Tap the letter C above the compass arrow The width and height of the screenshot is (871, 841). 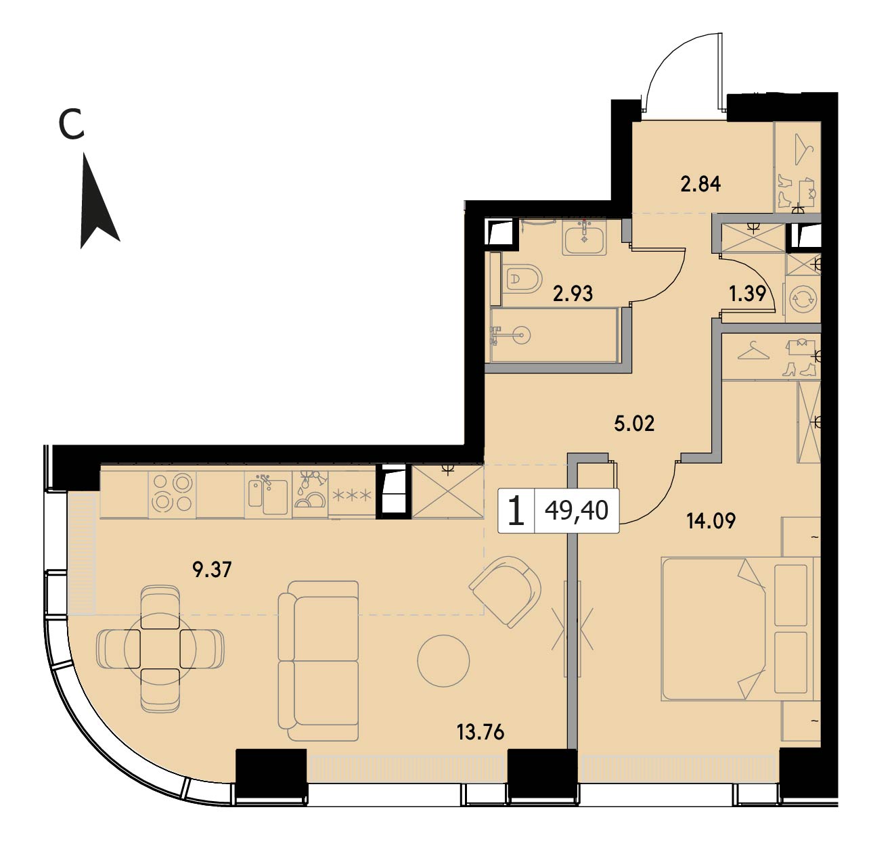point(72,125)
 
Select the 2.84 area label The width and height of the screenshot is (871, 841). point(700,184)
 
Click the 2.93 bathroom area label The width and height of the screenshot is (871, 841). point(573,294)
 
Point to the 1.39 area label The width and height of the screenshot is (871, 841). point(747,294)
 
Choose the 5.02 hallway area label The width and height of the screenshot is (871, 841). point(634,424)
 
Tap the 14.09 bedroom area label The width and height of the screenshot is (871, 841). point(711,521)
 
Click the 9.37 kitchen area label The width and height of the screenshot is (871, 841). point(212,570)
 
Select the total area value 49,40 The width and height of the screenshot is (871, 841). point(577,510)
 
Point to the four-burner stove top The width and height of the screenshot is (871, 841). point(172,493)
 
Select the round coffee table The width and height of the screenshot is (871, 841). point(443,660)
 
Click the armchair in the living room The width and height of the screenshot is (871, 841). point(506,591)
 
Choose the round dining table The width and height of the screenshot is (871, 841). point(160,648)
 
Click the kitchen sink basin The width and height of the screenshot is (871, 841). point(275,497)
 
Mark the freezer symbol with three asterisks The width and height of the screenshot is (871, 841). point(352,495)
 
